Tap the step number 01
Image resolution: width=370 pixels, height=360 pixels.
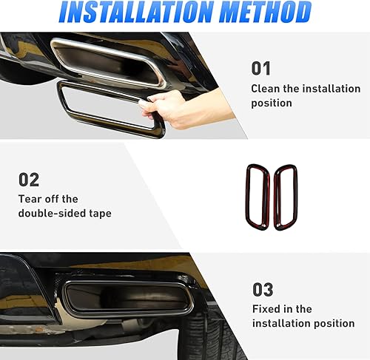click(262, 69)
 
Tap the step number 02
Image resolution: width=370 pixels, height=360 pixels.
click(29, 180)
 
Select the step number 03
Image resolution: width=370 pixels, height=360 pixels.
click(262, 289)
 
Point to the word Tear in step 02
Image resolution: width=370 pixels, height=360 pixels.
click(30, 199)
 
